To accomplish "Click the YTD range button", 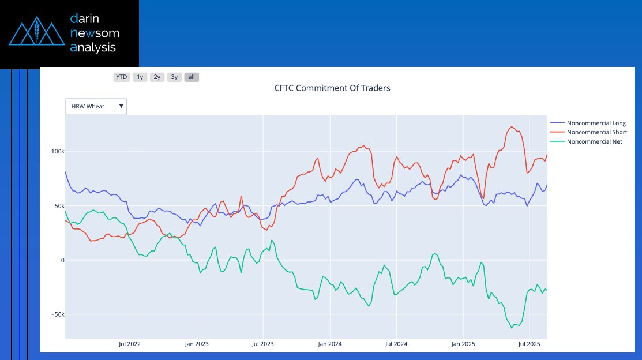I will tap(122, 77).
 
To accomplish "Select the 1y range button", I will tap(140, 77).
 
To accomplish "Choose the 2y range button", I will tap(157, 77).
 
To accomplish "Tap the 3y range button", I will tap(174, 77).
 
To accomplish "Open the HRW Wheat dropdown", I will tap(96, 107).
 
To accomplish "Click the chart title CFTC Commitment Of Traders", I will tap(332, 88).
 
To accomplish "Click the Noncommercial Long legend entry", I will tap(596, 123).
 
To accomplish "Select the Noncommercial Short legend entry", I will tap(596, 132).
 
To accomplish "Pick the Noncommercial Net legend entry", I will tap(594, 141).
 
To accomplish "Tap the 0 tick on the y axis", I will tap(62, 261).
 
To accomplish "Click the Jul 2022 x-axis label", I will tap(130, 344).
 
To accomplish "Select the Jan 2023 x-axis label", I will tap(197, 344).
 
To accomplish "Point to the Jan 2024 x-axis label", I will tap(330, 344).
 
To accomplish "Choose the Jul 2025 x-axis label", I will tap(529, 344).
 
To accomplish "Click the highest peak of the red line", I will tap(512, 126).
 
